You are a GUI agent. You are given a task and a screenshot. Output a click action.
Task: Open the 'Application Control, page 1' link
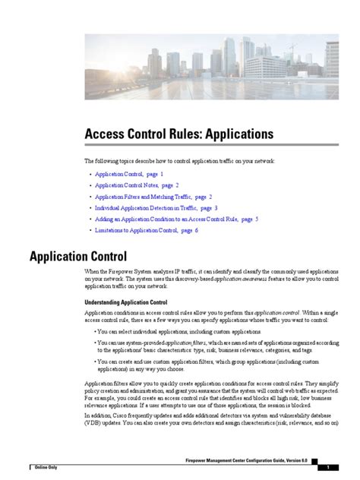click(x=129, y=174)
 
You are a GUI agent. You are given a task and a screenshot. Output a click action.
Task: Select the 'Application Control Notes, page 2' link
click(x=137, y=185)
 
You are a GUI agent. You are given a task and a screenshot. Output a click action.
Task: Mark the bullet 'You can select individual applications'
click(x=179, y=332)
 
